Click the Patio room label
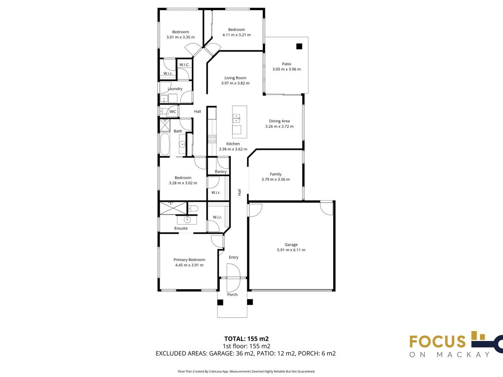click(x=286, y=64)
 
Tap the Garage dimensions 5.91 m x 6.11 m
click(x=291, y=250)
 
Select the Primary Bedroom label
click(x=189, y=260)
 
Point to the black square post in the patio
click(x=299, y=46)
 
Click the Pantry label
click(x=220, y=171)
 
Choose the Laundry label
click(x=175, y=88)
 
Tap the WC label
click(x=173, y=111)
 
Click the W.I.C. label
click(x=184, y=65)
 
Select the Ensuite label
click(x=181, y=228)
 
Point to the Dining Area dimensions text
click(x=279, y=127)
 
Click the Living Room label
click(x=235, y=78)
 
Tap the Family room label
click(x=275, y=174)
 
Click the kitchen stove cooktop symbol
click(x=212, y=139)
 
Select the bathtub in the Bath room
click(x=165, y=144)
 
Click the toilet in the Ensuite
click(x=193, y=208)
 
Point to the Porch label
click(x=232, y=294)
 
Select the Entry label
click(x=233, y=257)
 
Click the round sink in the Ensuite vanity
click(x=187, y=220)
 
